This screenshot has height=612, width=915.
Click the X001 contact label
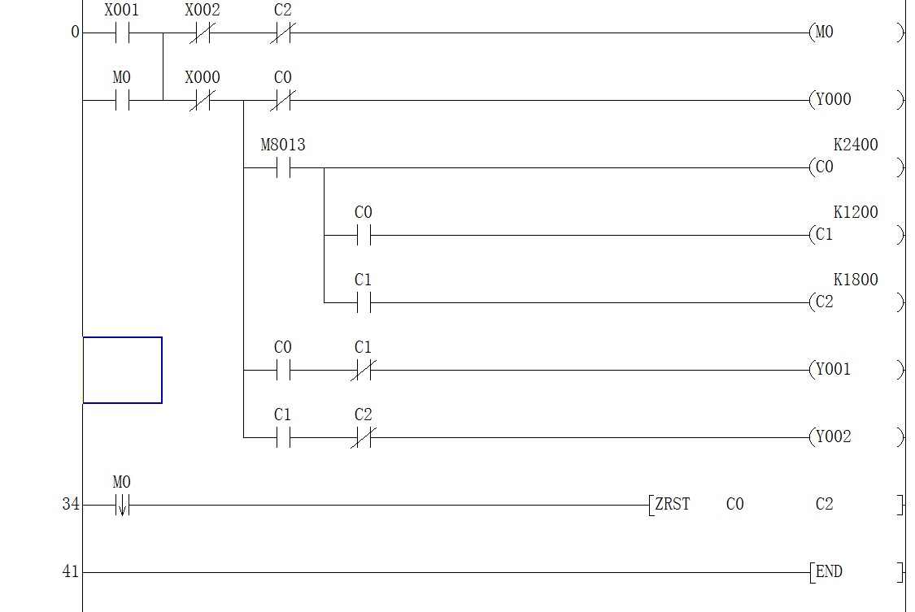click(121, 11)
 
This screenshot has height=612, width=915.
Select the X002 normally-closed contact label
click(202, 11)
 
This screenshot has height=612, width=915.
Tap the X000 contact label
click(202, 78)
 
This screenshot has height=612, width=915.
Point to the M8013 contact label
click(283, 145)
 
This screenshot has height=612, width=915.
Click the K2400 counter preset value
click(856, 145)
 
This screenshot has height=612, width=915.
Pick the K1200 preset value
click(856, 213)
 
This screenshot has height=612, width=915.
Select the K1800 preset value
click(856, 280)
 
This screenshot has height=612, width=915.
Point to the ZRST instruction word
click(673, 505)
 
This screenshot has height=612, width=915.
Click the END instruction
click(828, 572)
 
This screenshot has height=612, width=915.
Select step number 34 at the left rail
click(71, 505)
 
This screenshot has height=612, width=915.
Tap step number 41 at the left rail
click(71, 572)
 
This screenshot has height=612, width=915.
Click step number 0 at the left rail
click(76, 33)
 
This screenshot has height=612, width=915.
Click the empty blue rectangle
click(122, 370)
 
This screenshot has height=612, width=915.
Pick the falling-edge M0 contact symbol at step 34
click(121, 506)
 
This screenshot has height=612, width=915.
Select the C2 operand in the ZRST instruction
click(824, 505)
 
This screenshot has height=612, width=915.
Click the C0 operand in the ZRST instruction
click(734, 505)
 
